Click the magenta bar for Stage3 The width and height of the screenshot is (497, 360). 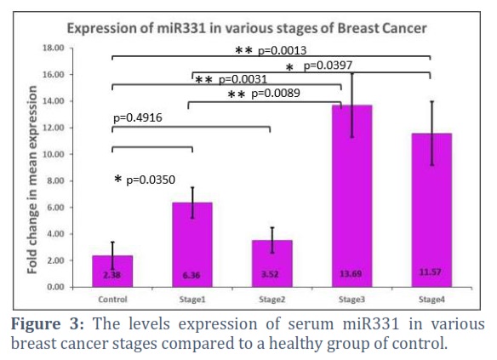coord(351,196)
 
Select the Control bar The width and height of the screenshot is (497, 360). coord(112,271)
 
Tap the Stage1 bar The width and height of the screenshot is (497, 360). coord(192,244)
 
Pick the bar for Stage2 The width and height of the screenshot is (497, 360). coord(272,264)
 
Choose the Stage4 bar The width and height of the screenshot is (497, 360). coord(431,210)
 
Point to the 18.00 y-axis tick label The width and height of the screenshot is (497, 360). coord(54,48)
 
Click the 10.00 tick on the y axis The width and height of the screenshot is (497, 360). coord(54,154)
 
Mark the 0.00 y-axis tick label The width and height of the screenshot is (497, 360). coord(55,287)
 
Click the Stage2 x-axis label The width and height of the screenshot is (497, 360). coord(272,300)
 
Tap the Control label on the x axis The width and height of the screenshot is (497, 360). coord(112,300)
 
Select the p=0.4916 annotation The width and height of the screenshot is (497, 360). coord(138,118)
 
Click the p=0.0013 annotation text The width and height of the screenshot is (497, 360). coord(282,50)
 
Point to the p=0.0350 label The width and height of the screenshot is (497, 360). coord(151,180)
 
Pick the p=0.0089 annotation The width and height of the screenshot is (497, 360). coord(276,93)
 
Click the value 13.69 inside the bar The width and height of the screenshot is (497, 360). coord(351,273)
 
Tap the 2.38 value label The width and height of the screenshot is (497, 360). coord(111,275)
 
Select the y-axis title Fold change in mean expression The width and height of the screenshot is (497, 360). coord(32,180)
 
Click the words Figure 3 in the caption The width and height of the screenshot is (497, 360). coord(48,324)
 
